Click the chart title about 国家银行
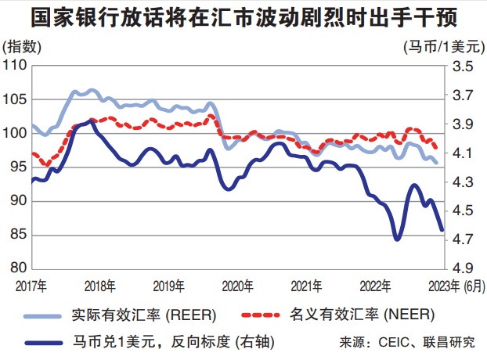pos(243,17)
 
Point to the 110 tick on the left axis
pos(14,66)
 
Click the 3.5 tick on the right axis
pos(464,67)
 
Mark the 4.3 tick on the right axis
pos(464,182)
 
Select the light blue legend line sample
pos(49,315)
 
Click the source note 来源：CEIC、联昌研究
pos(407,342)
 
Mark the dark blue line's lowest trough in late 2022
pos(396,238)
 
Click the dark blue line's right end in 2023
pos(442,229)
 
